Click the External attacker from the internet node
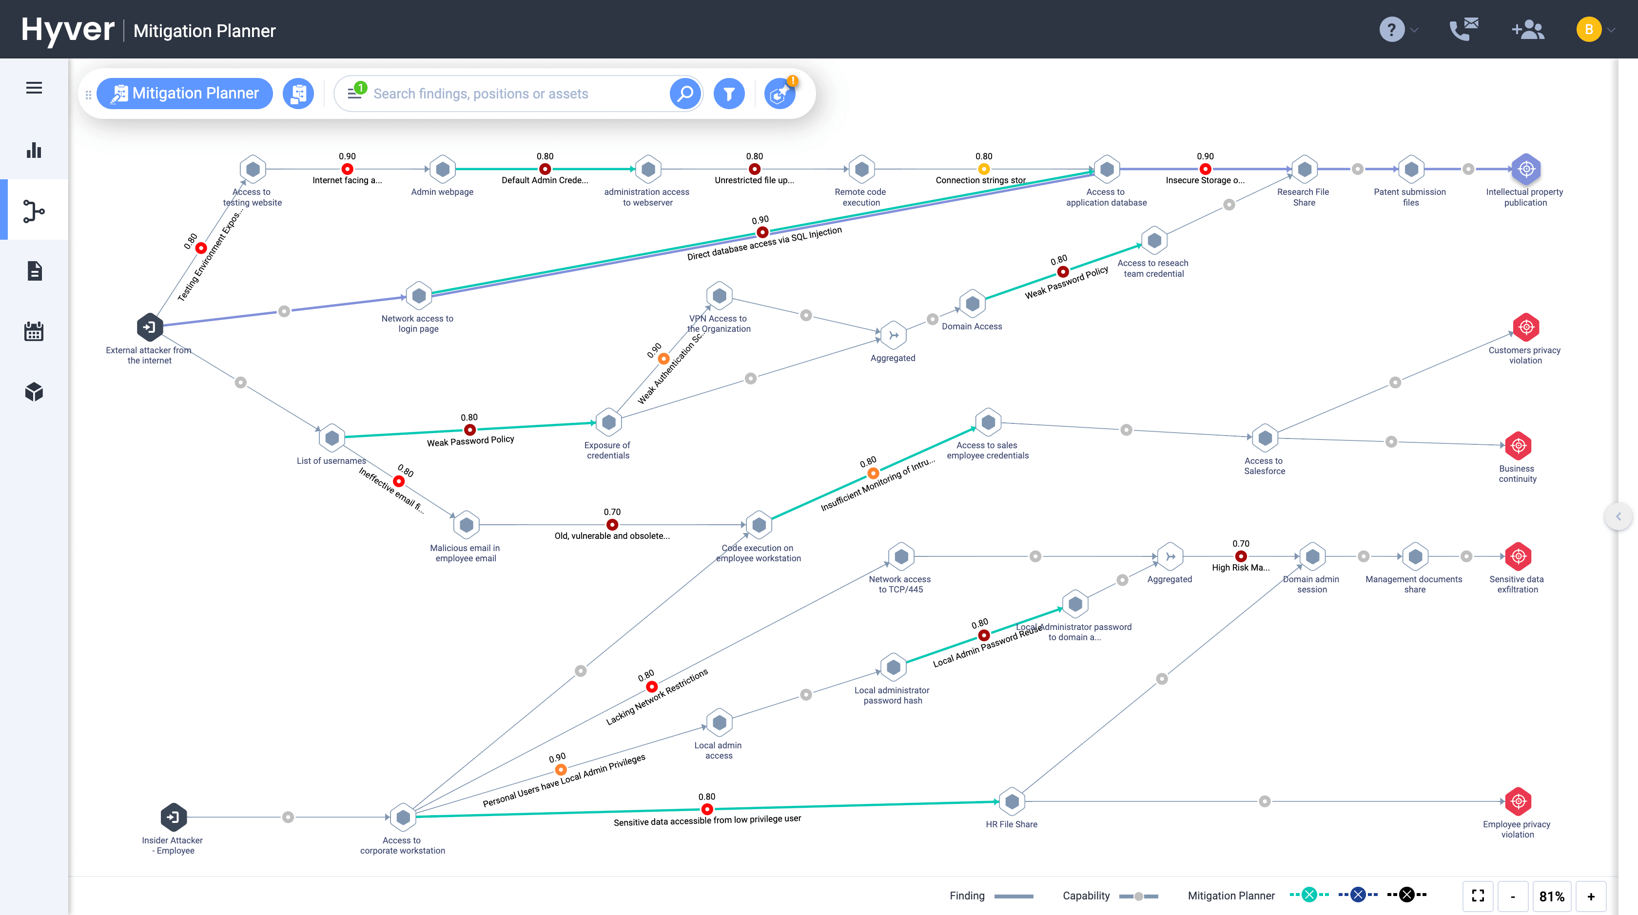150,327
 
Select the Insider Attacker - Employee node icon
174,817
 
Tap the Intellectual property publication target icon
1526,169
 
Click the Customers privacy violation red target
1526,327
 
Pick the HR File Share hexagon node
1012,801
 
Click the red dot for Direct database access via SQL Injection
762,232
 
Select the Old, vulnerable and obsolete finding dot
612,525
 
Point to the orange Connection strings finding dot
984,169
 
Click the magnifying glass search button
685,94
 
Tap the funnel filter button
729,94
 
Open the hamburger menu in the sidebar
34,88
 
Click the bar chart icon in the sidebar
34,150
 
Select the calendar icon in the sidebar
34,331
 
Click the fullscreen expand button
1478,896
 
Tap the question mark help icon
1391,29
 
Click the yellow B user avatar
1588,29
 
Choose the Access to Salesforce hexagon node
1265,438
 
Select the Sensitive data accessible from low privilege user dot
706,809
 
